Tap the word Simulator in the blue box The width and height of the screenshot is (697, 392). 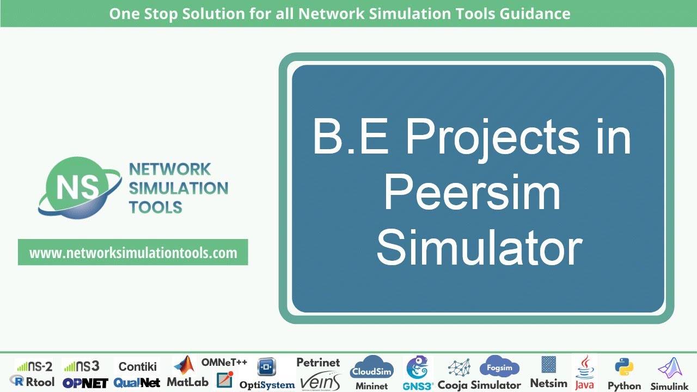tap(479, 249)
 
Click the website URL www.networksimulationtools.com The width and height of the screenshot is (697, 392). tap(133, 253)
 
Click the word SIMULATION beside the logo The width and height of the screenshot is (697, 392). tap(178, 188)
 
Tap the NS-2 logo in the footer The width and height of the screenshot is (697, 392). tap(34, 366)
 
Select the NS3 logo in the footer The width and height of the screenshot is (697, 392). tap(81, 366)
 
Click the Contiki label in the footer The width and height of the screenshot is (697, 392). tap(138, 366)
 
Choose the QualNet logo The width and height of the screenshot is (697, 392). tap(137, 383)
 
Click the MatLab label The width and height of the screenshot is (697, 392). tap(187, 382)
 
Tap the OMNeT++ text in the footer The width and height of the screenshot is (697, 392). tap(224, 362)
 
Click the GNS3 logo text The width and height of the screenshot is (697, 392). tap(418, 385)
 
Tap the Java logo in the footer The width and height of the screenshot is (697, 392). tap(584, 373)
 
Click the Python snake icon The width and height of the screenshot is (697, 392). tap(623, 367)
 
